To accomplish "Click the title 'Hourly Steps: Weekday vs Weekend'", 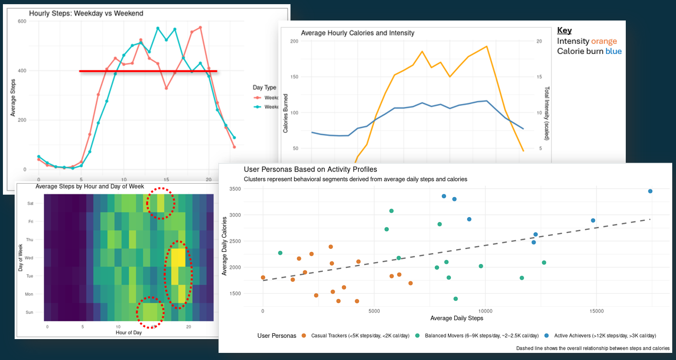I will (86, 13).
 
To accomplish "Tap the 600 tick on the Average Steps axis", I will (22, 21).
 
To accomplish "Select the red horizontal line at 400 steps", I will (148, 71).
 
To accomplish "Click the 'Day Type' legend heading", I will (264, 87).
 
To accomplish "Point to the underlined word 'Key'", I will (564, 31).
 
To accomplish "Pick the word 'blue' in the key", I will (613, 51).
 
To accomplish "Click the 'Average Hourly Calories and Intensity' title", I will (357, 33).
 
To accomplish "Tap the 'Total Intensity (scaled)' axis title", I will (547, 113).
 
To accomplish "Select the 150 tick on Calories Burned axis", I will (294, 77).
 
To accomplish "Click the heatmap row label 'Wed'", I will (29, 258).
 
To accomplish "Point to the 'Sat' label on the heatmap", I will (30, 203).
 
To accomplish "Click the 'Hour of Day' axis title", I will (129, 332).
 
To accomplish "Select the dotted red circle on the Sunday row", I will (150, 312).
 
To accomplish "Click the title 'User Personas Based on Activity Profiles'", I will (310, 170).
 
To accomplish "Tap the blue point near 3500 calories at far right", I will (650, 191).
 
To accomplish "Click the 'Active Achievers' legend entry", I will (604, 336).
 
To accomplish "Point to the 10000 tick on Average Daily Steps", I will (485, 311).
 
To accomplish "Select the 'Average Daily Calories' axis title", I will (224, 246).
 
